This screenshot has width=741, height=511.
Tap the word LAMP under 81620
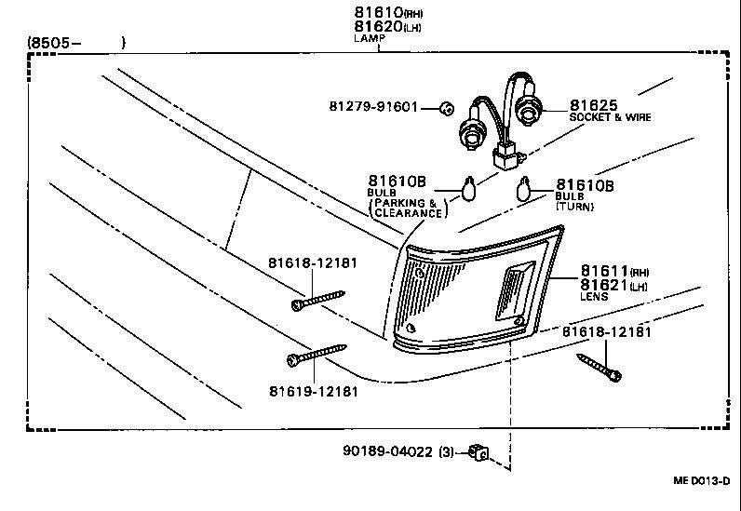pos(369,38)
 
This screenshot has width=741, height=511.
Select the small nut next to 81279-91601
pos(446,108)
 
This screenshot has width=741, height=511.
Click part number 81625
pos(596,105)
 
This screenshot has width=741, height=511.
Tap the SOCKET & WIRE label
pos(610,118)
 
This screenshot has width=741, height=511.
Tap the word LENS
pos(594,297)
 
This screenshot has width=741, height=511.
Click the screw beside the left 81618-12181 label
pos(318,301)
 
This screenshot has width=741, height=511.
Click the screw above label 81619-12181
pos(316,356)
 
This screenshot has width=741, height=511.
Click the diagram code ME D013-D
pos(701,480)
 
